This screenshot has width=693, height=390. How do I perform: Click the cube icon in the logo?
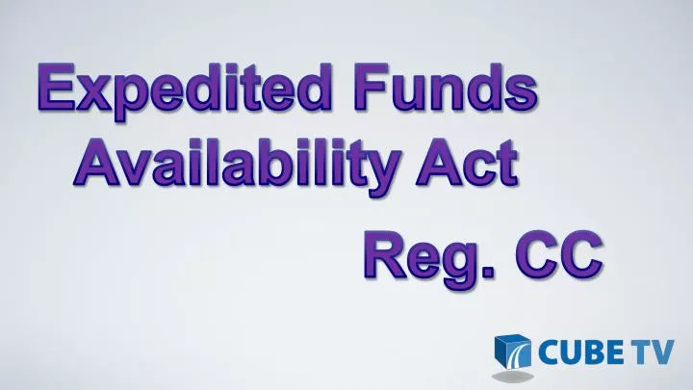511,353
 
